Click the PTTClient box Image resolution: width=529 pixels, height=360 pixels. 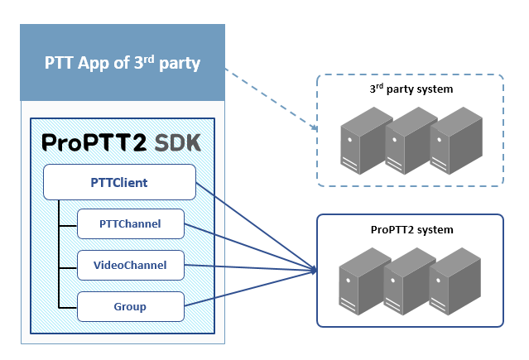coord(118,181)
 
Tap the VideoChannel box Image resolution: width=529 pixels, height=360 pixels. coord(130,265)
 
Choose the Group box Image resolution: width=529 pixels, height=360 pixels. coord(130,306)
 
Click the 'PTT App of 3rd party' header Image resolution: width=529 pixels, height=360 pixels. coord(123,63)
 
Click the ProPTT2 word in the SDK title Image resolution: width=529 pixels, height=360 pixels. coord(94,143)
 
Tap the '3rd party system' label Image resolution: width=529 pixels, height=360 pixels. coord(410,89)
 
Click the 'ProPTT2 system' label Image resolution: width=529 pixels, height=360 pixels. coord(410,228)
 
